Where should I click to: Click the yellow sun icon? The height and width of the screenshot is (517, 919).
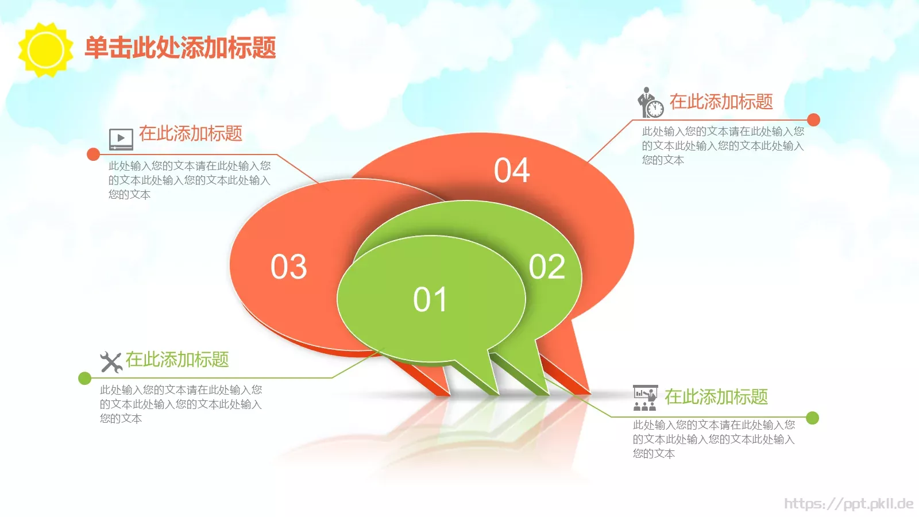click(x=46, y=50)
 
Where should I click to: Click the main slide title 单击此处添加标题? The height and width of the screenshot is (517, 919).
click(x=180, y=48)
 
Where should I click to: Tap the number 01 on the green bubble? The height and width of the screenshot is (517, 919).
click(x=430, y=300)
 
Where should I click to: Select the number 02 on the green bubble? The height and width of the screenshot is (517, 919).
click(x=547, y=267)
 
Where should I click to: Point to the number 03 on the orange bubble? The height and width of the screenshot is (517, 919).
click(x=289, y=267)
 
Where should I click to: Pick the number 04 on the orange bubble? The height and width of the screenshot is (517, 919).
click(x=512, y=171)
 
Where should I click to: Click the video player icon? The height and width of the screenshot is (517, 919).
click(x=121, y=138)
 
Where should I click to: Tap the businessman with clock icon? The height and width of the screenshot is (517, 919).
click(x=650, y=103)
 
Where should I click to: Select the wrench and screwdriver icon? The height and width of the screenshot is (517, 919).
click(x=111, y=362)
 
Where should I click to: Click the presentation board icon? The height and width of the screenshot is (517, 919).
click(x=645, y=398)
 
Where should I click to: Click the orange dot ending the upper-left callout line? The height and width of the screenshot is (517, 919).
click(x=93, y=154)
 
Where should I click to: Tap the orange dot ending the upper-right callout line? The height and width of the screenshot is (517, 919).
click(x=813, y=119)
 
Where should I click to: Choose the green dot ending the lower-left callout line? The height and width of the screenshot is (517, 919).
click(x=84, y=378)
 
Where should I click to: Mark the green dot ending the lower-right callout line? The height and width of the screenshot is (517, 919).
click(x=812, y=418)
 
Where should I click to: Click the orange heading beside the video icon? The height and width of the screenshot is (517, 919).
click(x=191, y=134)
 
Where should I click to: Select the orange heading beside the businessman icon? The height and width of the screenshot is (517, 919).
click(x=721, y=102)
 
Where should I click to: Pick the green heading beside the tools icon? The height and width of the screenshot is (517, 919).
click(x=177, y=360)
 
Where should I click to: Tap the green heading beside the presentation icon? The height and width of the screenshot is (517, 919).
click(x=716, y=397)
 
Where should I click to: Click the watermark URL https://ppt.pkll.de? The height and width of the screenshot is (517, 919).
click(x=848, y=504)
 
